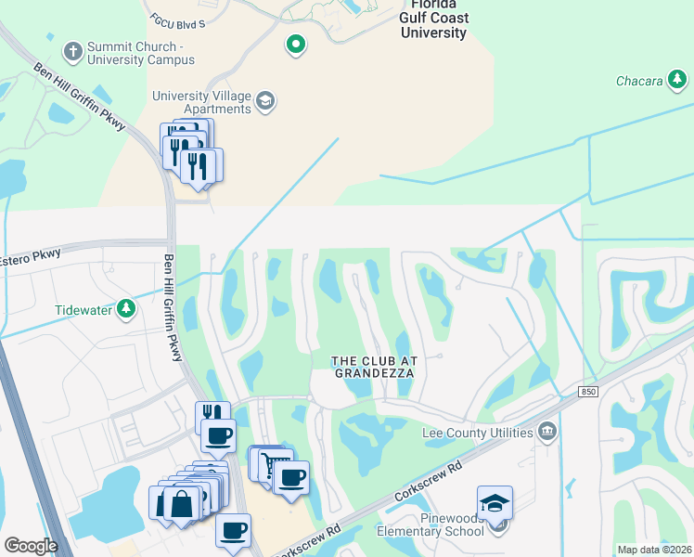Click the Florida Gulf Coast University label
(433, 19)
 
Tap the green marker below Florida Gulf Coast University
(295, 44)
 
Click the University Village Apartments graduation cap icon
(264, 100)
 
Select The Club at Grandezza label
(372, 367)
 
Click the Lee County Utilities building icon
(547, 432)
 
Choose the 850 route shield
(588, 393)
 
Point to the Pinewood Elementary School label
(431, 524)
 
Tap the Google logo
(31, 545)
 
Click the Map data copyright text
(654, 550)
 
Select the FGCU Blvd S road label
(177, 22)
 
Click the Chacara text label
(639, 82)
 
